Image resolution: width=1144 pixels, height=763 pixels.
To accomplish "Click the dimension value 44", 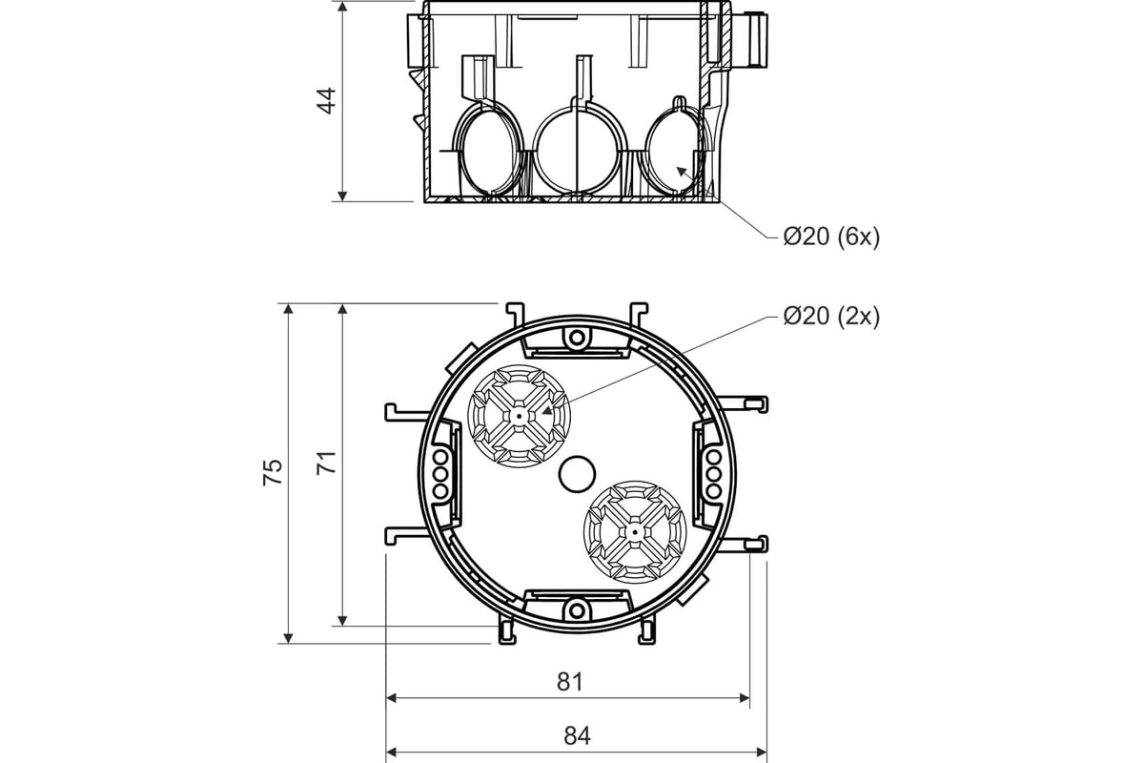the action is (326, 101).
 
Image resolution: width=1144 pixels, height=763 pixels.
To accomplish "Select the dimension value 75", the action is (273, 472).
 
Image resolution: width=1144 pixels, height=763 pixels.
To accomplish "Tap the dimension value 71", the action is (326, 463).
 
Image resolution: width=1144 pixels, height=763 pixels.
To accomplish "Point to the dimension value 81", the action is (569, 681).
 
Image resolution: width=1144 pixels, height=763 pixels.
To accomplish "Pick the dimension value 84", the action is (577, 736).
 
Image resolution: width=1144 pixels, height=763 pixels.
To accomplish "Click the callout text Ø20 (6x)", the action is (831, 237).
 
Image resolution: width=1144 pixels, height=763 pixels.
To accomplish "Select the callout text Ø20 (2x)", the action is (831, 317).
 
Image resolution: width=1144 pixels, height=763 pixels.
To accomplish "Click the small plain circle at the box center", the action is (577, 474).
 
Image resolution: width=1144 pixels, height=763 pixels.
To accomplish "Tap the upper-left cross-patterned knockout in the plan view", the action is (519, 416).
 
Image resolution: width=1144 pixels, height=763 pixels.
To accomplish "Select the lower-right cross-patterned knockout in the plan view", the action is (635, 532).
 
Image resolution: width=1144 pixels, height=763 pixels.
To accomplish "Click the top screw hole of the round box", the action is (577, 338).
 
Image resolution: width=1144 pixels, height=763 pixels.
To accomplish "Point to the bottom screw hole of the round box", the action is (577, 610).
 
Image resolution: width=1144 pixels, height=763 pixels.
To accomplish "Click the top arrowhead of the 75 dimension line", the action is (288, 309).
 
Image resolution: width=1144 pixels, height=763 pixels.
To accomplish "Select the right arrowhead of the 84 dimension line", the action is (762, 752).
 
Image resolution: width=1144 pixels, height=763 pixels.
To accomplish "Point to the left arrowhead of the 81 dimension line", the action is (392, 697).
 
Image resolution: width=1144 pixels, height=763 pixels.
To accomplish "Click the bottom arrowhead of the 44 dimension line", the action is (342, 196).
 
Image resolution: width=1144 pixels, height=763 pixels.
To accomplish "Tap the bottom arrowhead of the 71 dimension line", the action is (342, 621).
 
